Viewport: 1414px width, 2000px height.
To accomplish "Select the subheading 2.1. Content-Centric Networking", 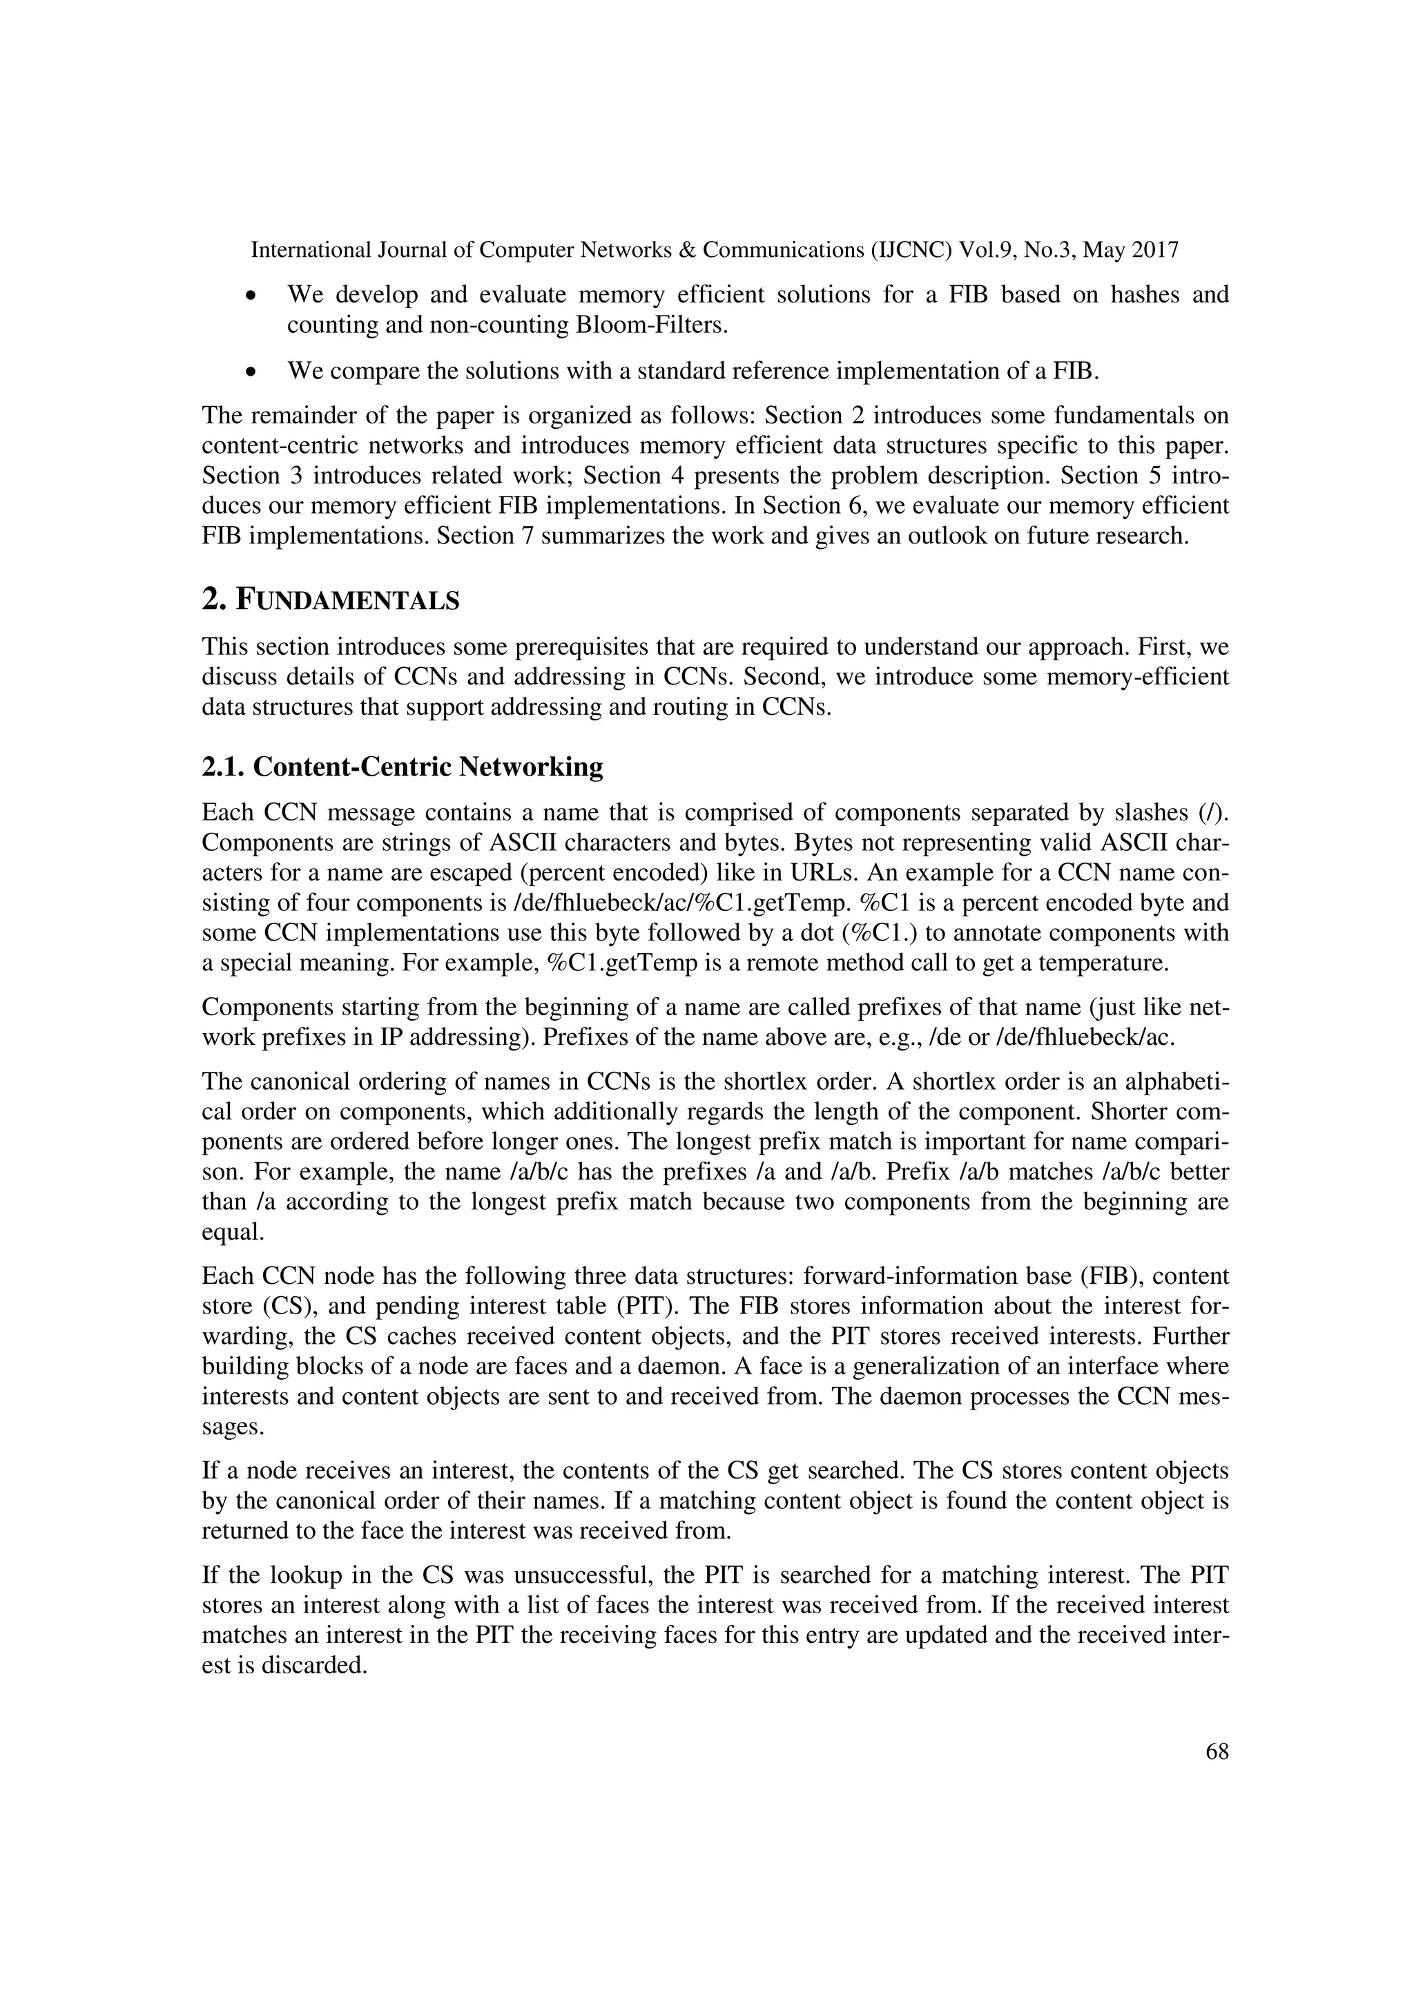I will [403, 767].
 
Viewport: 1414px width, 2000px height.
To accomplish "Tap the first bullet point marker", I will [251, 296].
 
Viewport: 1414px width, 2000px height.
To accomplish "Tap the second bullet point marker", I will [251, 372].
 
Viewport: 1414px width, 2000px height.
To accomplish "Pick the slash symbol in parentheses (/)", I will [1214, 813].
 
